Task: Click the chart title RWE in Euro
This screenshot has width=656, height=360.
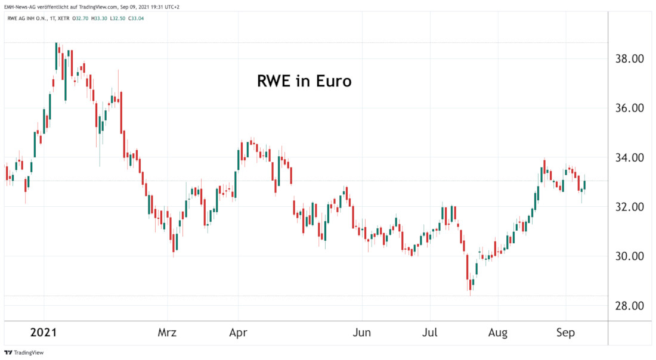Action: coord(304,81)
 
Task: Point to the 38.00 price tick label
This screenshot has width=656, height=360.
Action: coord(630,59)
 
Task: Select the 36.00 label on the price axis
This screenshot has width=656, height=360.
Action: coord(630,108)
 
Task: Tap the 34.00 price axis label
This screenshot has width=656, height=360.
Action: coord(630,158)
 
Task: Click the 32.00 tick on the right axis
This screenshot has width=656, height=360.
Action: coord(630,207)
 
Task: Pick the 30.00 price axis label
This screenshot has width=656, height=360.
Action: coord(630,257)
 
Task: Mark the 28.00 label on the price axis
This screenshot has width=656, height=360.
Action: coord(630,306)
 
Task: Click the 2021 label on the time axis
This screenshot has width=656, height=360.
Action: coord(43,333)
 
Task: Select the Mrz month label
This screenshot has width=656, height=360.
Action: coord(168,333)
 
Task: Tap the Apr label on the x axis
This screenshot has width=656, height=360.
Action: coord(239,333)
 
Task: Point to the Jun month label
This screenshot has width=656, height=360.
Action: coord(361,333)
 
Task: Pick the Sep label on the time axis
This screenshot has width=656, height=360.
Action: coord(565,333)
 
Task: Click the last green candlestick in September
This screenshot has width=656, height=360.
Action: coord(585,185)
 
